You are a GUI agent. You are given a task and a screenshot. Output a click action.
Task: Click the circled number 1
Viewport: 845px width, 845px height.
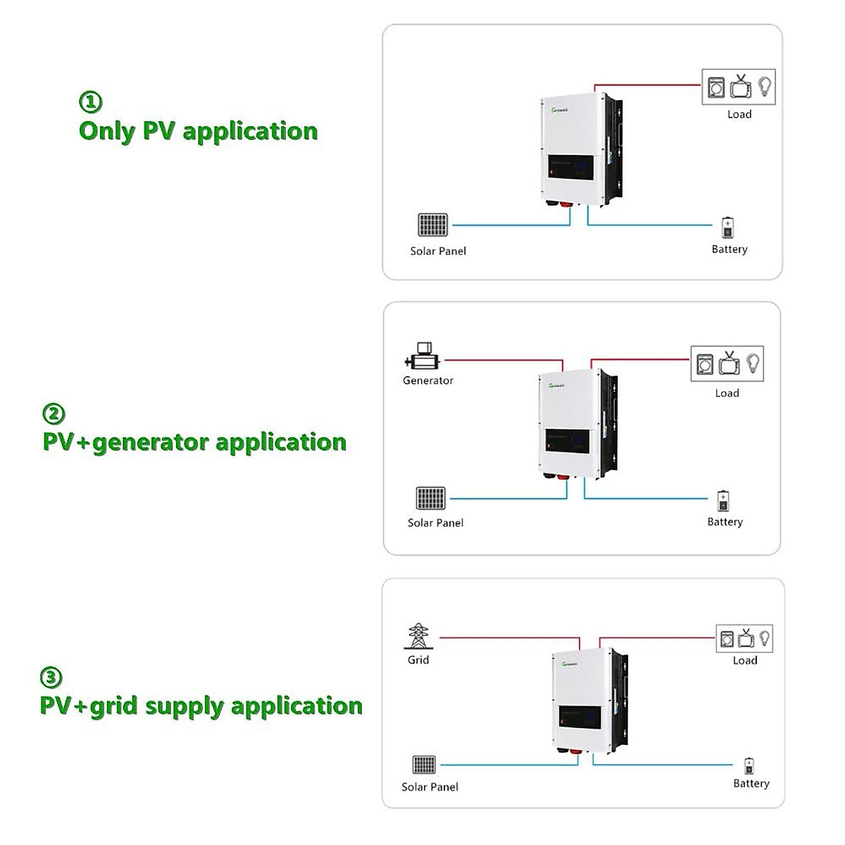coord(90,102)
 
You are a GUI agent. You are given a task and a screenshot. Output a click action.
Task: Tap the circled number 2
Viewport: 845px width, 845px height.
coord(54,413)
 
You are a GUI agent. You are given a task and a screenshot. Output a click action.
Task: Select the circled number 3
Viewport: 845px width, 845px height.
coord(51,677)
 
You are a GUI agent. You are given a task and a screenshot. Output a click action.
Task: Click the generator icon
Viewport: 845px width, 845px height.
coord(423,356)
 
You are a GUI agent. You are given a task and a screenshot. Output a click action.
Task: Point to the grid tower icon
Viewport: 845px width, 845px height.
coord(418,637)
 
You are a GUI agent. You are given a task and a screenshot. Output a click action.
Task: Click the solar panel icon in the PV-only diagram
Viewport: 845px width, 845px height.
coord(432,225)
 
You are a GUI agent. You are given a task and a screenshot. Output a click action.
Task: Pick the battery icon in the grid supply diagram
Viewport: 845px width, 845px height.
coord(749,766)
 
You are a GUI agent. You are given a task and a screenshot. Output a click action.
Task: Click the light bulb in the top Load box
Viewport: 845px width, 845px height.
coord(764,87)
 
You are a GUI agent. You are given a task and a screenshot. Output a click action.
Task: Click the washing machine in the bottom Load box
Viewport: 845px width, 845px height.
coord(726,639)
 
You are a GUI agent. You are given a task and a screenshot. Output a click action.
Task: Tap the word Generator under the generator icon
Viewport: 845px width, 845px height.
coord(427,380)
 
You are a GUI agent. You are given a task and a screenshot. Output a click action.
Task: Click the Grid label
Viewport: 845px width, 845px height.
coord(418,660)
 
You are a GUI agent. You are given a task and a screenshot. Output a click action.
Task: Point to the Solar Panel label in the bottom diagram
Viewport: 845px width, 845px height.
coord(430,787)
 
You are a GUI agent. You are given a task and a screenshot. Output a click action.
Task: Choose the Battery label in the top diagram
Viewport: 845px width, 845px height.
coord(730,249)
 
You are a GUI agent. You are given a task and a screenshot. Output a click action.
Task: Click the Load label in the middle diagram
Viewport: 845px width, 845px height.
coord(727,393)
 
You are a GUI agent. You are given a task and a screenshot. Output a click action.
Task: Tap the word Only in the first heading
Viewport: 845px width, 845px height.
coord(107,131)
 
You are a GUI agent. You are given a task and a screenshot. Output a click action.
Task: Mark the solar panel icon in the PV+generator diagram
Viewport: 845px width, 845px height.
coord(430,499)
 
